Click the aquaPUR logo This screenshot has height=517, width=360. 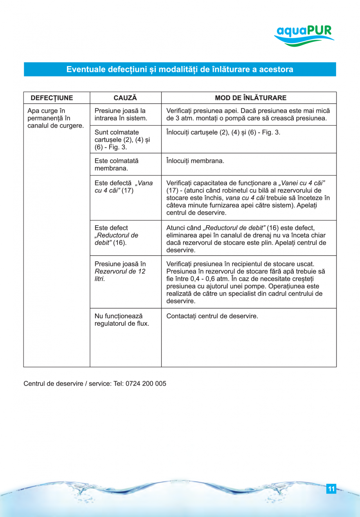(x=304, y=35)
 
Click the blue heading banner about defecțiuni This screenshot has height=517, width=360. (x=180, y=69)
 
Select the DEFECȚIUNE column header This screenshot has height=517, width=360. (x=52, y=98)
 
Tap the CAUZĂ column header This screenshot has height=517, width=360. (x=125, y=98)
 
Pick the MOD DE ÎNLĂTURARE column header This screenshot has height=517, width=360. (x=250, y=98)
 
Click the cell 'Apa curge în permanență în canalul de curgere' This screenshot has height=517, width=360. (x=56, y=118)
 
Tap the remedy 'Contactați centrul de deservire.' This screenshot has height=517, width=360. (x=212, y=316)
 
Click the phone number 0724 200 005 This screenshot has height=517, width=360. (x=146, y=384)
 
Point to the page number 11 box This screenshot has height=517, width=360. (x=331, y=489)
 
